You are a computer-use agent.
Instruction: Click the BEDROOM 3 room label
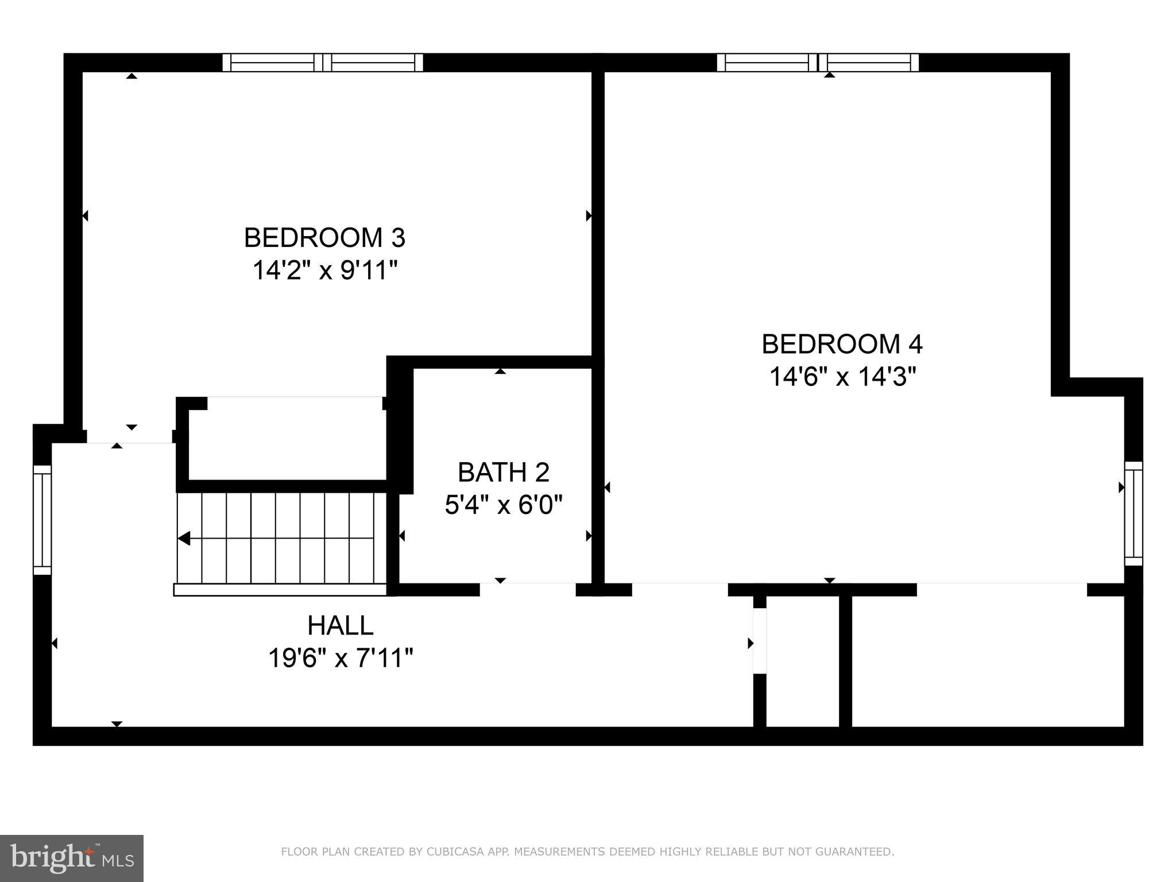[324, 238]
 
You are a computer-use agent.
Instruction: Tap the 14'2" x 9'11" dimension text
[324, 270]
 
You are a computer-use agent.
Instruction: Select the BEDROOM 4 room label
[841, 344]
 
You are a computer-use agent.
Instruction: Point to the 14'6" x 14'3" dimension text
[841, 377]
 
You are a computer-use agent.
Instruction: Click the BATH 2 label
[503, 473]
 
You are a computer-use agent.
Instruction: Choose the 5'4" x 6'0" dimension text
[503, 505]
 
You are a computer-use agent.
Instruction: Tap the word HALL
[340, 625]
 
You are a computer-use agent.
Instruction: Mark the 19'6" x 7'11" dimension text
[340, 658]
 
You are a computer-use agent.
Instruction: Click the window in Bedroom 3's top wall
[323, 62]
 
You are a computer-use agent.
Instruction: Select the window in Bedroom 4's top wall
[817, 62]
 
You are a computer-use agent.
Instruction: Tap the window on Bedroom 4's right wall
[1133, 513]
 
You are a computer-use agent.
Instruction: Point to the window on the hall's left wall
[42, 520]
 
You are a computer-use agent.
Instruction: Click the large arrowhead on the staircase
[184, 539]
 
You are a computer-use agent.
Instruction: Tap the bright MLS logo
[71, 858]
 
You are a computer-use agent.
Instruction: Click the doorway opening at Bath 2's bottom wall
[527, 589]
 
